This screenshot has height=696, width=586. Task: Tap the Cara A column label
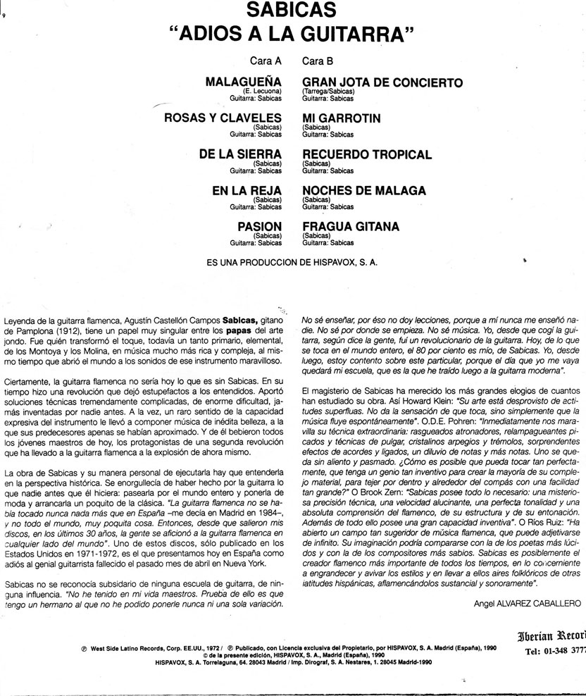[266, 61]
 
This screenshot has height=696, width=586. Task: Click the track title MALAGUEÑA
[244, 82]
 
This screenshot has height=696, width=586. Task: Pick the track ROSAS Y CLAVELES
[223, 118]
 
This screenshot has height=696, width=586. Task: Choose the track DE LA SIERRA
[240, 154]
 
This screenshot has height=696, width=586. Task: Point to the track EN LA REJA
[247, 190]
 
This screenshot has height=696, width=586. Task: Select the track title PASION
[260, 227]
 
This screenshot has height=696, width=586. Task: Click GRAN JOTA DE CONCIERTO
[382, 82]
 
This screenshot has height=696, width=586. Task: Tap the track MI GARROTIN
[341, 118]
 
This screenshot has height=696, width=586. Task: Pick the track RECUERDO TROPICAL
[366, 154]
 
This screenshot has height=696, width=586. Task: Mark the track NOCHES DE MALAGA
[363, 190]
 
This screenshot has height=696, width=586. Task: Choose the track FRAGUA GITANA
[350, 227]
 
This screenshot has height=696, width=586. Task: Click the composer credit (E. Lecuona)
[263, 92]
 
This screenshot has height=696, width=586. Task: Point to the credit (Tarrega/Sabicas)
[328, 92]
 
